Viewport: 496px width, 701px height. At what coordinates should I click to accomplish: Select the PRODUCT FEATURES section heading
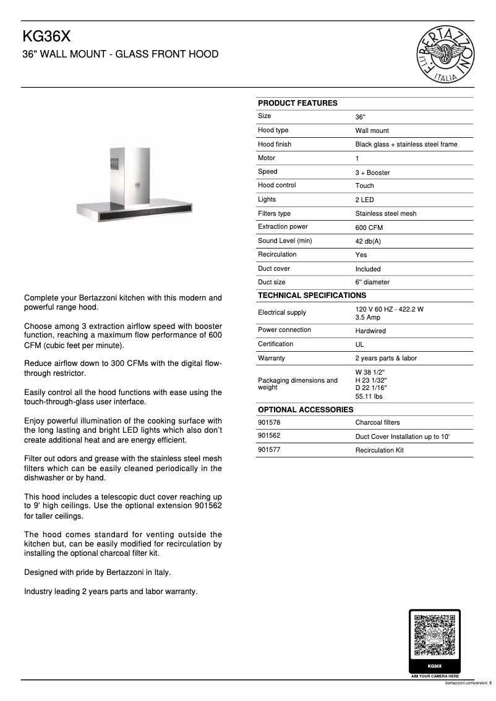pos(297,103)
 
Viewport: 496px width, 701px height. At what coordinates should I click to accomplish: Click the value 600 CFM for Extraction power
pos(369,227)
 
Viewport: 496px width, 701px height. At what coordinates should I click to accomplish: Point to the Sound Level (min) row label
pos(284,240)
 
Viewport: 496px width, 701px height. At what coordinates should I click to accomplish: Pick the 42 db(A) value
pos(368,241)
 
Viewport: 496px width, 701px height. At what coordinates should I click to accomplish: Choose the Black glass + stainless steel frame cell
pos(406,145)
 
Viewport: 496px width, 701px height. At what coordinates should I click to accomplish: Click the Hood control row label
pos(276,185)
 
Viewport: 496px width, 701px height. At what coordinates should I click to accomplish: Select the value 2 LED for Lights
pos(364,200)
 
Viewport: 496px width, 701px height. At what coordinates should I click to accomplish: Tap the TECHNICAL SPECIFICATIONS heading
pos(312,295)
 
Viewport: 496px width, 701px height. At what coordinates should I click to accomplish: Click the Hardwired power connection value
pos(370,331)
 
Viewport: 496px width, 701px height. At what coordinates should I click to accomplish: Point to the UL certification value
pos(359,344)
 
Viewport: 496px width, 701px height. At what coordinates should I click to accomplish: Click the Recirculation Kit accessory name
pos(379,450)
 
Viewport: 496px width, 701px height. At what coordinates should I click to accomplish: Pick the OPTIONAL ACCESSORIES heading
pos(306,409)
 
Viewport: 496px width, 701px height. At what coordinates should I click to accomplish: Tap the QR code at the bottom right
pos(435,635)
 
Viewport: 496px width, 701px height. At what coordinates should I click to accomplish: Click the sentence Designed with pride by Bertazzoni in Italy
pos(97,572)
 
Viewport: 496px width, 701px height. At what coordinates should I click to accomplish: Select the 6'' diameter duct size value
pos(372,283)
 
